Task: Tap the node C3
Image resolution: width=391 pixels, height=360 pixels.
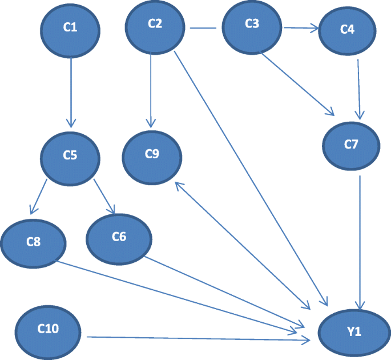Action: (252, 25)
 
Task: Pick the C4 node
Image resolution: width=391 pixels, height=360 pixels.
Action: (347, 30)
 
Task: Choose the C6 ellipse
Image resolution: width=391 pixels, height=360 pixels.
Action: (119, 238)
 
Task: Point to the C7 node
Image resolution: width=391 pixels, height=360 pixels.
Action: (351, 145)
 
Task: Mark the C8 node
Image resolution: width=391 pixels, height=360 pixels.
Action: (34, 242)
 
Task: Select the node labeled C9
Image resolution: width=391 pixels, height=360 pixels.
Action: (152, 154)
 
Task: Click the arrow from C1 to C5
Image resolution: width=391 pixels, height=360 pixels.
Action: (71, 91)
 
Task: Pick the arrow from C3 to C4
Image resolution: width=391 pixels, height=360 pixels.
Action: (300, 27)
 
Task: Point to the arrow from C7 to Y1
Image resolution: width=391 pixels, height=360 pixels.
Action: (360, 240)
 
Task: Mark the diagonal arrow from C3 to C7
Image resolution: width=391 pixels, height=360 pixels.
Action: (297, 83)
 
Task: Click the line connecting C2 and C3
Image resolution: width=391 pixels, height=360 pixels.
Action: (203, 27)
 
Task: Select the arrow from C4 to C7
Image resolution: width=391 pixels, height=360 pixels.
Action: (358, 86)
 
